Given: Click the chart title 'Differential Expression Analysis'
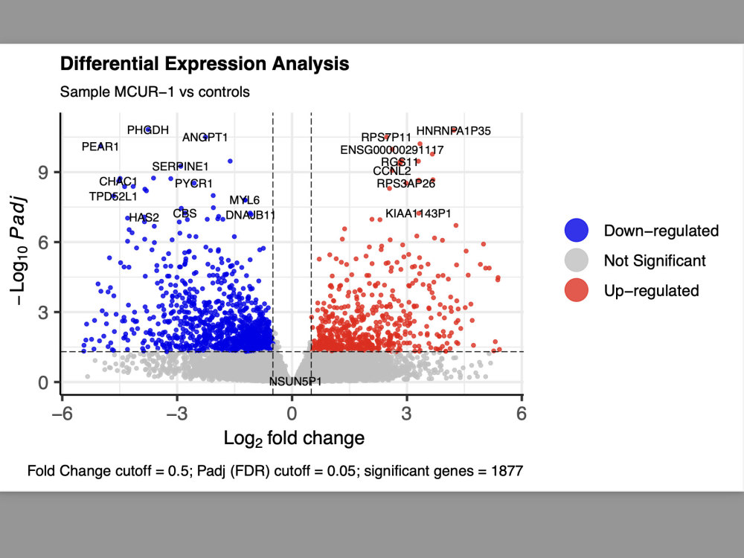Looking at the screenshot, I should click(x=204, y=64).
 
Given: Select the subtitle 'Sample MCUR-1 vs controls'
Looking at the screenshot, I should click(x=155, y=92).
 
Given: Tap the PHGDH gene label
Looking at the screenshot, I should click(x=147, y=130).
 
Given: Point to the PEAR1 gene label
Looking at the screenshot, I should click(x=100, y=147).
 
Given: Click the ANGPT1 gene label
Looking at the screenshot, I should click(x=205, y=137).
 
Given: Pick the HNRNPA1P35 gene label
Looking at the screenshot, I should click(x=453, y=131).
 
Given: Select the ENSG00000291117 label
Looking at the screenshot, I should click(x=391, y=150).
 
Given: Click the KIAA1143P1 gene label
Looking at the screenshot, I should click(x=418, y=214).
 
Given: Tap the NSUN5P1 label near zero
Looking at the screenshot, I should click(x=295, y=382).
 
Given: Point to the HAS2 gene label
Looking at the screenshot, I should click(x=144, y=218).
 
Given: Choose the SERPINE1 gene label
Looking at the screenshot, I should click(x=180, y=166).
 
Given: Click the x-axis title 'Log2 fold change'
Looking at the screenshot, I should click(x=294, y=437).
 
